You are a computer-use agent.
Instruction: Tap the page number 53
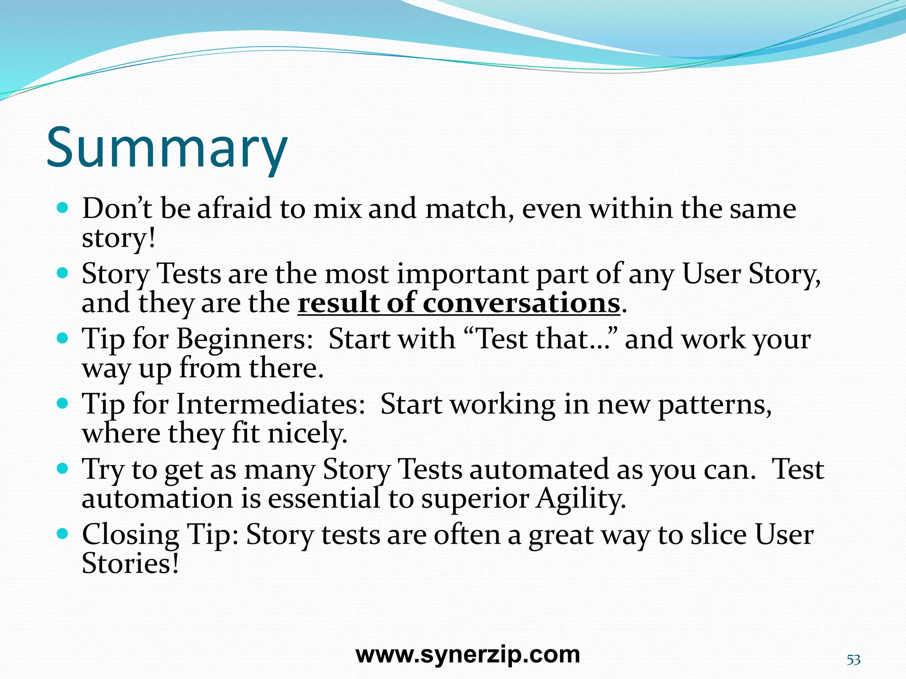tap(853, 660)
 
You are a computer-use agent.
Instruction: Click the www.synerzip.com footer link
tap(468, 654)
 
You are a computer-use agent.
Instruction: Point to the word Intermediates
tap(271, 404)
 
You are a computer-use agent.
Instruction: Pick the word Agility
tap(581, 500)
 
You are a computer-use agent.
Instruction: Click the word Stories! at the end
tap(131, 564)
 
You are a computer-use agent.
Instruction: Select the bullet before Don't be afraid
tap(63, 207)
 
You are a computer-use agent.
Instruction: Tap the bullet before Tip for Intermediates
tap(63, 403)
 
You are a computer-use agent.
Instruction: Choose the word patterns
tap(714, 405)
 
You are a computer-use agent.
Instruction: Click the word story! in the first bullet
tap(119, 238)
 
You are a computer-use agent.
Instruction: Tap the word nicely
tap(307, 434)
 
